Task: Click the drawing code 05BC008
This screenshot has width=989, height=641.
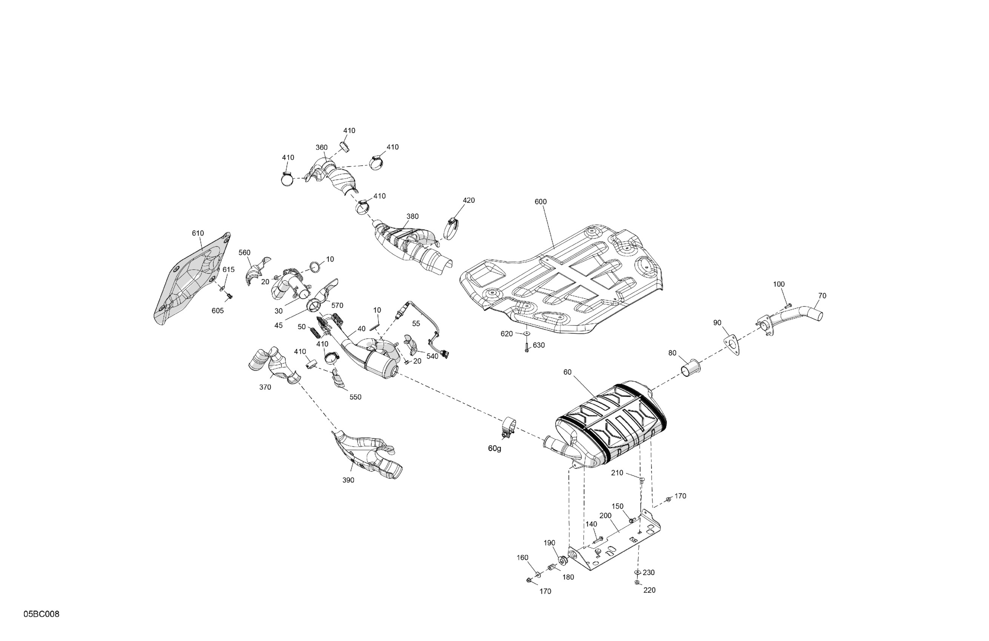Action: [x=41, y=614]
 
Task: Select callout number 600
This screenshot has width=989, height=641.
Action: [x=540, y=202]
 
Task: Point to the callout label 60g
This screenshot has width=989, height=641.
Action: [x=494, y=448]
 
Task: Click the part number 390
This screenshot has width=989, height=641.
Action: [x=348, y=480]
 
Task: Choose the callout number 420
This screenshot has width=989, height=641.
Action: [x=469, y=200]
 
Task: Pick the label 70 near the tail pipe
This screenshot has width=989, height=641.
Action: [x=822, y=296]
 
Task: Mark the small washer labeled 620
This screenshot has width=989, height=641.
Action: [x=527, y=333]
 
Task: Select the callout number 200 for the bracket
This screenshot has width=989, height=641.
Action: [x=605, y=515]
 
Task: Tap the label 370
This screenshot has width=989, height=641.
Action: [x=265, y=387]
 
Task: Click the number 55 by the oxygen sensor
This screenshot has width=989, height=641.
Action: [x=416, y=324]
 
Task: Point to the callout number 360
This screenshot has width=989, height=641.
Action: [x=321, y=147]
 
